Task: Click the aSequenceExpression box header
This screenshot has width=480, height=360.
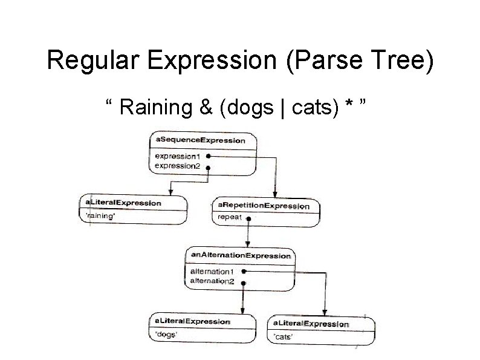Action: (201, 140)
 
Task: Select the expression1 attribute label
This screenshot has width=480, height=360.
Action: (178, 155)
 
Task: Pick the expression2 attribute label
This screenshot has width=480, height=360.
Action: (178, 165)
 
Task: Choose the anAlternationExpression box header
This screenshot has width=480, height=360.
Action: (241, 255)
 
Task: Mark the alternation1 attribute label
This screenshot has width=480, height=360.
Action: (212, 272)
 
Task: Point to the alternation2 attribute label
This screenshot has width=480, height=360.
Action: (212, 281)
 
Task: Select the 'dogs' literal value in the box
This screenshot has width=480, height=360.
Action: (167, 335)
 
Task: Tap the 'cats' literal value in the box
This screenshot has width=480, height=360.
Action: (284, 336)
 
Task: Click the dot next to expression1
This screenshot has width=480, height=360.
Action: (207, 155)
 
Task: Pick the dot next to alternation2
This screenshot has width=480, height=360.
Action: (243, 282)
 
